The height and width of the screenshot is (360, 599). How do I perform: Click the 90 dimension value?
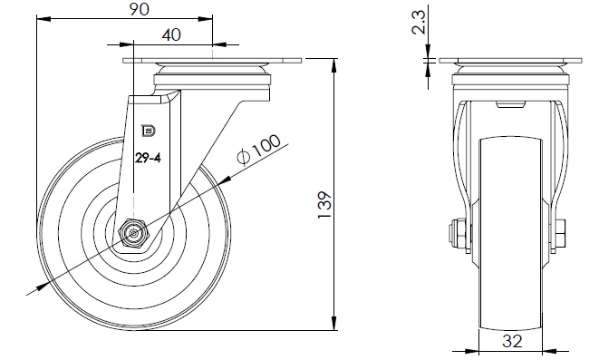coord(139,9)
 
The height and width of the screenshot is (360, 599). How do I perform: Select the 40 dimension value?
coord(171,34)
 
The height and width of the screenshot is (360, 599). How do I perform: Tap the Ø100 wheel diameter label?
coord(258,150)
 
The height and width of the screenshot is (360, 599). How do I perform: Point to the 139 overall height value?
coord(324,204)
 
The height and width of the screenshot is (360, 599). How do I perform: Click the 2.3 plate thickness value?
coord(419,22)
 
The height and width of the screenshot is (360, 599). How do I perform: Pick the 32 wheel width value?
coord(512,341)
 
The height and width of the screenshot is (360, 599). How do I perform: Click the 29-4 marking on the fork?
coord(148,158)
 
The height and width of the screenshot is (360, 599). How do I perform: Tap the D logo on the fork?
coord(149,131)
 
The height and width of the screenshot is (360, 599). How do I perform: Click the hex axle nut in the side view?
coord(133,232)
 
